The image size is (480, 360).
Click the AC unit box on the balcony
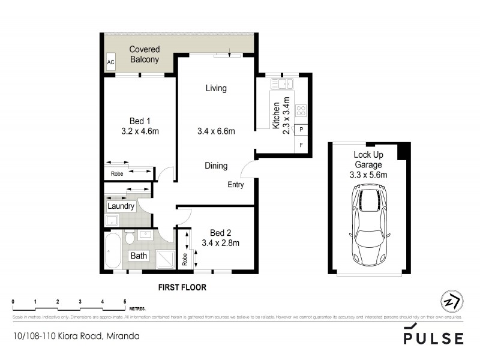click(110, 61)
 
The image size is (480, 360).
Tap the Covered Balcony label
click(144, 55)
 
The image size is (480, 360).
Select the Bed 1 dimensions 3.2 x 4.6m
click(140, 131)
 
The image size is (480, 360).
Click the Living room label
click(216, 88)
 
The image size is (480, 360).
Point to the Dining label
click(216, 166)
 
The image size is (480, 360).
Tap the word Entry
click(235, 185)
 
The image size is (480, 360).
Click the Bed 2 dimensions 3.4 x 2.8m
click(221, 243)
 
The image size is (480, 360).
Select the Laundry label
click(121, 206)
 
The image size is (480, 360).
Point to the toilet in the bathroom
click(130, 238)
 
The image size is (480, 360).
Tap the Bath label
click(139, 256)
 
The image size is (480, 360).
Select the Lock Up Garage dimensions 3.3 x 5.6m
click(369, 175)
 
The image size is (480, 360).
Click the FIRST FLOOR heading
click(182, 287)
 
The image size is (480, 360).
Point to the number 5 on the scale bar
click(125, 301)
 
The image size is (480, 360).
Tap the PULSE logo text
click(433, 337)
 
